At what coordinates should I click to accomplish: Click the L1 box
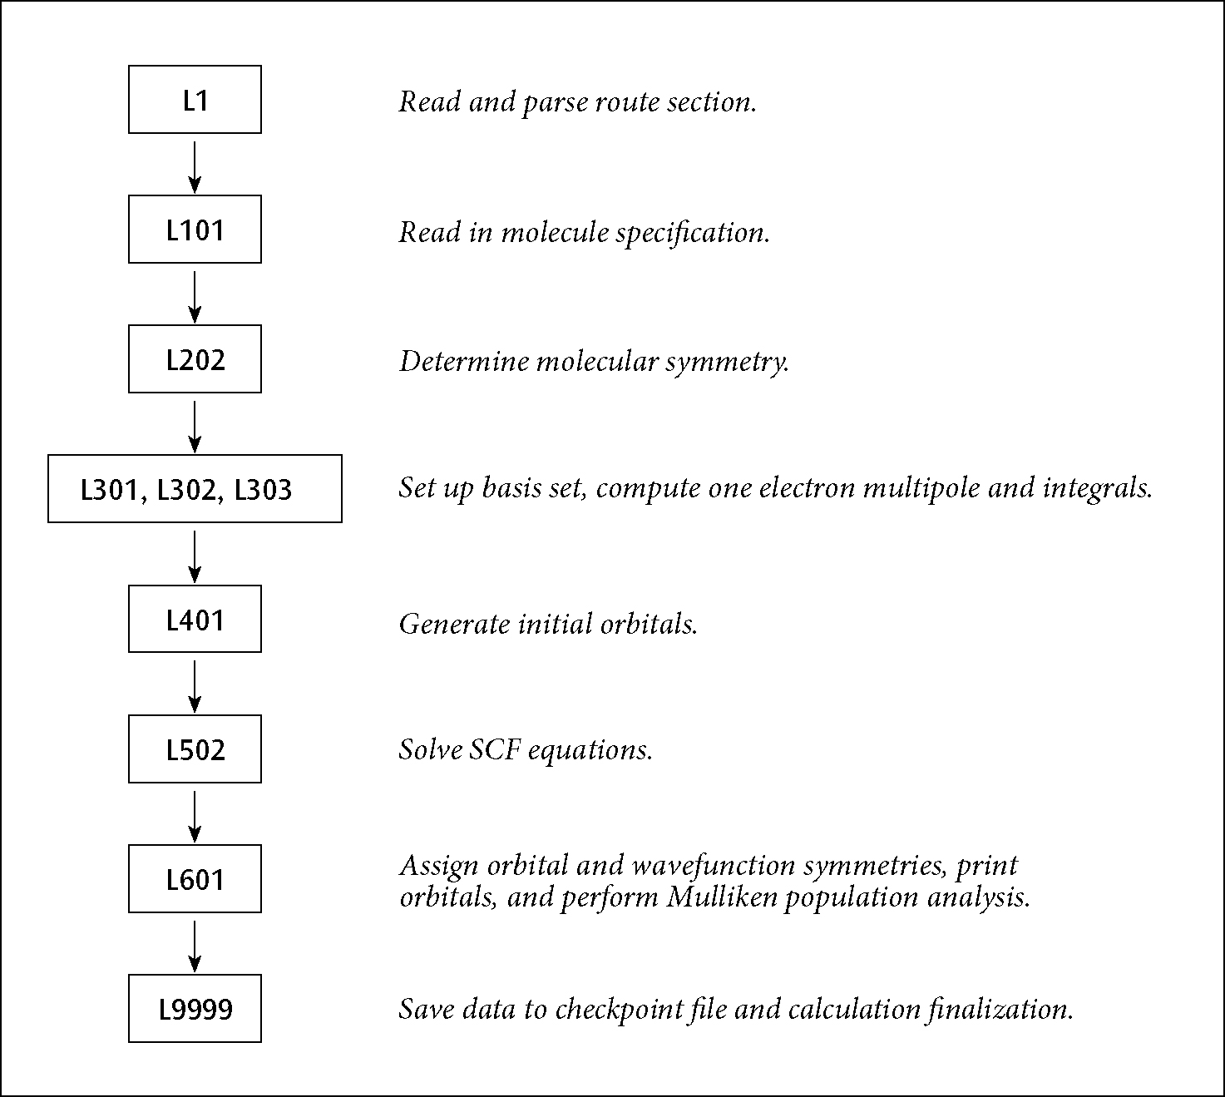click(195, 100)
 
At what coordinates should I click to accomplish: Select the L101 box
click(195, 230)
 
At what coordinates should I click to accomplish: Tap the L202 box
click(195, 359)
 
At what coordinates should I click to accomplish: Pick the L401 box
click(195, 619)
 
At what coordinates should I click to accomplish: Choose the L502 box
click(195, 749)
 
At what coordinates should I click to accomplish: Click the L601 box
click(195, 879)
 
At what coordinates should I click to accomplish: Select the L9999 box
click(195, 1009)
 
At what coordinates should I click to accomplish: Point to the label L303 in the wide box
click(263, 490)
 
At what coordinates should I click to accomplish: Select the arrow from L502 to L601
click(194, 814)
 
